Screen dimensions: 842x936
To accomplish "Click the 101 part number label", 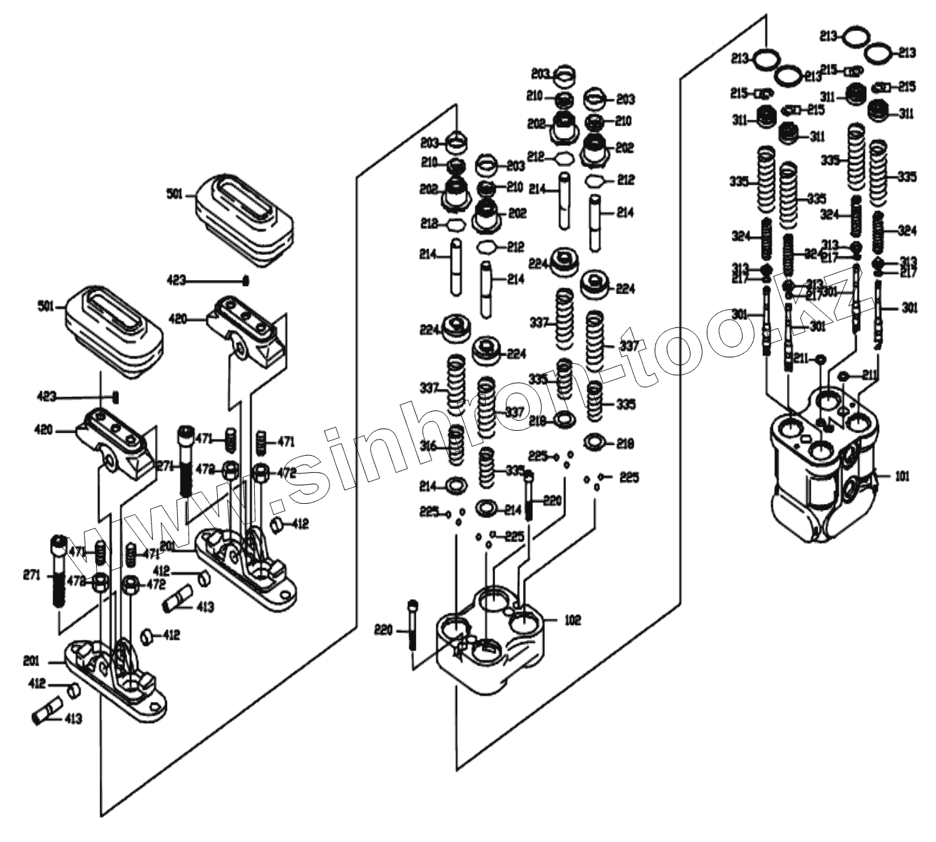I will [902, 476].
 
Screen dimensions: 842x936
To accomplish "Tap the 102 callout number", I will [572, 620].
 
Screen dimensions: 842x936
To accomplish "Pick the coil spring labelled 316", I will [457, 446].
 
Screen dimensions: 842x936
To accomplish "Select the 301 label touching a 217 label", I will [830, 291].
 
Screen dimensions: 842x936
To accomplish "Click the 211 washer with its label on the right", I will [843, 375].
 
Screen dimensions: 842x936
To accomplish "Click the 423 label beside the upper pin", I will [176, 279].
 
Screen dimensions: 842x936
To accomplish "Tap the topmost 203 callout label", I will [540, 73].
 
